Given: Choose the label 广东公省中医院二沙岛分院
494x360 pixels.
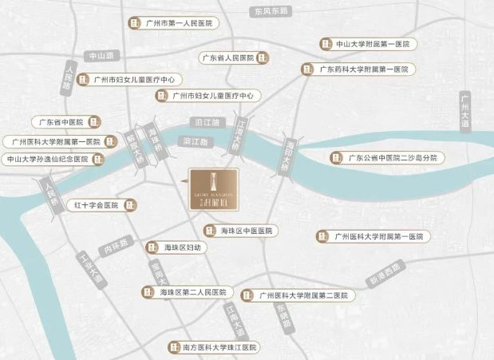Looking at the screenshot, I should [x=393, y=158].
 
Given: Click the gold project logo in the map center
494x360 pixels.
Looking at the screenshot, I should [x=212, y=190].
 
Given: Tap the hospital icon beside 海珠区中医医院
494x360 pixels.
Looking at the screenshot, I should [x=209, y=231].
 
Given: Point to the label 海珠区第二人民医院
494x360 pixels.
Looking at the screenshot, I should [x=193, y=293].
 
